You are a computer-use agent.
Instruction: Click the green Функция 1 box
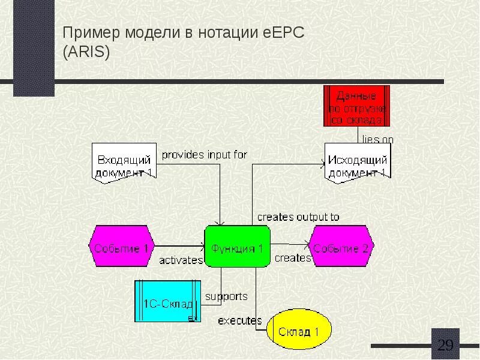pyautogui.click(x=237, y=246)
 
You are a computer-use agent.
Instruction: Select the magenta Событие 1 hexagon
pyautogui.click(x=122, y=246)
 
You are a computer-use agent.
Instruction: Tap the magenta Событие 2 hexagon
pyautogui.click(x=341, y=246)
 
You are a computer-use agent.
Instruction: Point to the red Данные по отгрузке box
pyautogui.click(x=356, y=106)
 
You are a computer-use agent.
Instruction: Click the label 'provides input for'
pyautogui.click(x=204, y=155)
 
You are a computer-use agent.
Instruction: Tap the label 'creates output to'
pyautogui.click(x=298, y=217)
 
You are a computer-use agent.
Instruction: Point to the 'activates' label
pyautogui.click(x=181, y=260)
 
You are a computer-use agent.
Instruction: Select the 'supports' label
pyautogui.click(x=226, y=296)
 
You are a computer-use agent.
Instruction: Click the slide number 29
pyautogui.click(x=446, y=345)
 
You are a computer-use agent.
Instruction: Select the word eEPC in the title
pyautogui.click(x=284, y=33)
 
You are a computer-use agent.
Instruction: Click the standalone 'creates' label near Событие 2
pyautogui.click(x=293, y=259)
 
